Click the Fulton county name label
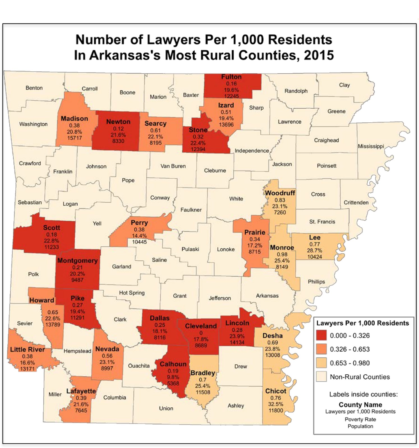[231, 77]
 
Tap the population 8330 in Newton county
[118, 141]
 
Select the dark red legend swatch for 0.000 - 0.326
[321, 335]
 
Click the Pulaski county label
[190, 249]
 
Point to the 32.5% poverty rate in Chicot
[276, 404]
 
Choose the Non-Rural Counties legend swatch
[321, 377]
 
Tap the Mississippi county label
[371, 146]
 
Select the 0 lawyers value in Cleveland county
[201, 333]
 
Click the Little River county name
[27, 349]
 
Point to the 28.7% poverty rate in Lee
[314, 250]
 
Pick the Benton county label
[34, 88]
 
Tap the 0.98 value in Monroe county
[282, 254]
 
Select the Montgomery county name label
[77, 261]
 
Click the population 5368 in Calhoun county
[173, 383]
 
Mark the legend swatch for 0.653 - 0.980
[321, 363]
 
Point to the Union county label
[166, 408]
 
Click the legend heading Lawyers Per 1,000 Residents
[362, 323]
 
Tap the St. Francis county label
[322, 222]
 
